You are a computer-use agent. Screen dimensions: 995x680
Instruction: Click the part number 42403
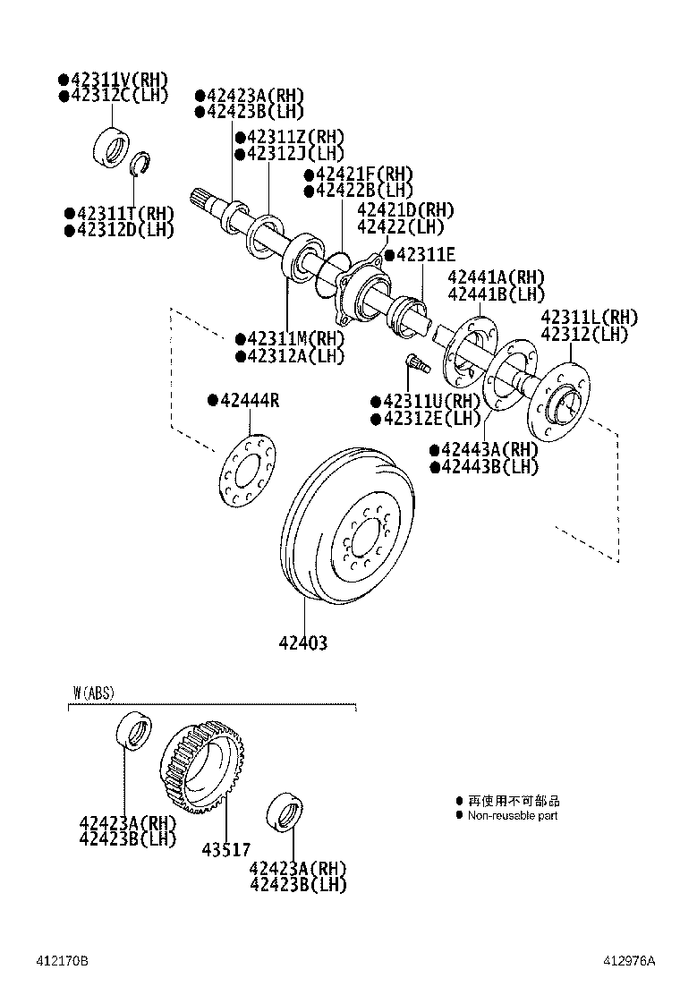coord(302,642)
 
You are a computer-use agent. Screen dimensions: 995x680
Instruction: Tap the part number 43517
coord(225,849)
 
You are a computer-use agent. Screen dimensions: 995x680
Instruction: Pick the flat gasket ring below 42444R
coord(247,466)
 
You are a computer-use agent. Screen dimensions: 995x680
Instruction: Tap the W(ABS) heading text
coord(94,693)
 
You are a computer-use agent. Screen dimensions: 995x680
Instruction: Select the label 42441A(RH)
coord(496,277)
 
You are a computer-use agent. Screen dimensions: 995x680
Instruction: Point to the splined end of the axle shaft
coord(204,200)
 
